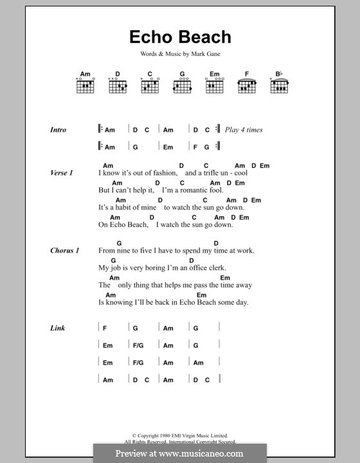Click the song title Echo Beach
(x=179, y=37)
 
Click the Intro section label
(x=58, y=130)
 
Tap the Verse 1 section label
(x=62, y=173)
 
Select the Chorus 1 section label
(x=64, y=250)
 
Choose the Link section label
(x=58, y=328)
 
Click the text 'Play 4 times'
(x=244, y=130)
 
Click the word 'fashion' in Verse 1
(x=164, y=174)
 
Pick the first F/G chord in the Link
(x=138, y=345)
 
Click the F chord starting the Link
(x=104, y=328)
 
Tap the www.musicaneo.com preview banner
(x=179, y=453)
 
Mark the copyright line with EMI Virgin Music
(x=179, y=436)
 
